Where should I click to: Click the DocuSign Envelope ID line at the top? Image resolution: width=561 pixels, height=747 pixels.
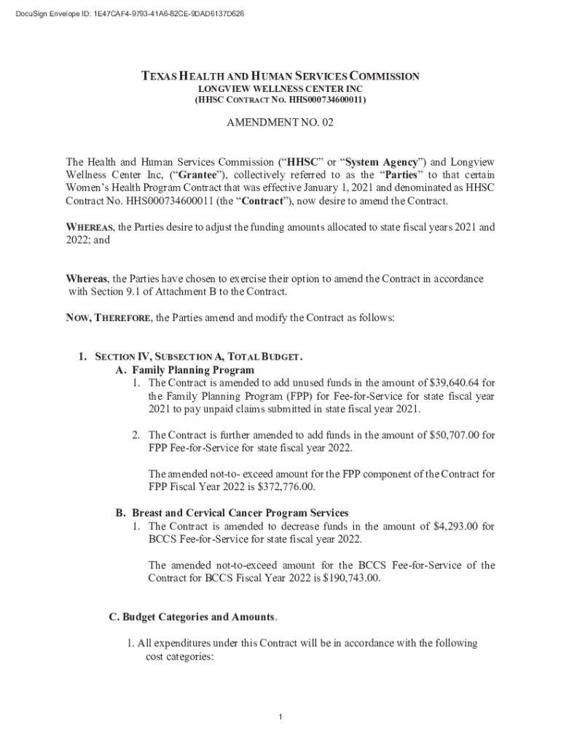tap(122, 14)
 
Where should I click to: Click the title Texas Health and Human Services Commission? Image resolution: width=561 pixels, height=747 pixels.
tap(280, 76)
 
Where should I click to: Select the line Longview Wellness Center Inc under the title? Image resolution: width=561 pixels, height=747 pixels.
tap(280, 88)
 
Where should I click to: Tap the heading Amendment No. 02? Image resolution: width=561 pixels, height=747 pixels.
tap(280, 123)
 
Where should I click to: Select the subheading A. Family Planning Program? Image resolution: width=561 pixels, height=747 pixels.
tap(185, 371)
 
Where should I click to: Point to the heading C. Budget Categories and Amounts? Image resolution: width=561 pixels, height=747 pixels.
tap(193, 617)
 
